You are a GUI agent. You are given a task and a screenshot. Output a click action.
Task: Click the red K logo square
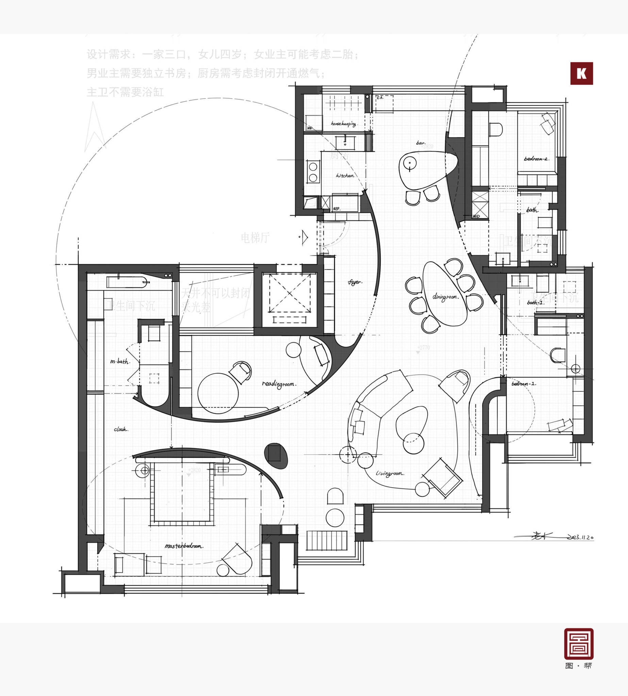click(x=581, y=73)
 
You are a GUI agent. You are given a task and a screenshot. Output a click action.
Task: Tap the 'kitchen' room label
click(x=345, y=176)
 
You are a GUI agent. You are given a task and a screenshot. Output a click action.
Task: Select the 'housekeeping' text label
click(x=343, y=123)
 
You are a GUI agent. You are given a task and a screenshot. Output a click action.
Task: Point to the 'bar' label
click(x=420, y=143)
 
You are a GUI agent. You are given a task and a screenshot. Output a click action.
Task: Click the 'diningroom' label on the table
click(x=445, y=297)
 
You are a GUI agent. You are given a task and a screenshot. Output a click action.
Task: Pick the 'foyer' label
click(x=355, y=282)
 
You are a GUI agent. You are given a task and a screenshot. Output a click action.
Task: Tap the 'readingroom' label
click(x=279, y=384)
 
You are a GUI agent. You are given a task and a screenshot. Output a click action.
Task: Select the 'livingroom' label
click(x=390, y=474)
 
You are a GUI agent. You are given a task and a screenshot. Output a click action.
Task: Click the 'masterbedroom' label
click(x=184, y=546)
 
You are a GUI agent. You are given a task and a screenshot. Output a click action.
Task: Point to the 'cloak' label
click(x=121, y=430)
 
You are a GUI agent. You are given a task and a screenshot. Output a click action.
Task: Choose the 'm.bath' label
click(x=120, y=362)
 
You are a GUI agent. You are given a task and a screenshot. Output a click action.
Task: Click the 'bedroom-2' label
click(x=536, y=159)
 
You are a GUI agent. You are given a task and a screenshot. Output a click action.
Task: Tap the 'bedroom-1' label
click(x=524, y=384)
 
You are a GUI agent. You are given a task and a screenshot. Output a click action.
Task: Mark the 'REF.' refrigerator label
click(x=336, y=209)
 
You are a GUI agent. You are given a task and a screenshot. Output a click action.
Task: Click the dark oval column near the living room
click(x=276, y=456)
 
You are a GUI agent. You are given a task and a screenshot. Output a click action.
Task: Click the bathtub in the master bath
click(x=127, y=282)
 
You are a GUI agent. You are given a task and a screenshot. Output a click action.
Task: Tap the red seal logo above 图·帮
click(x=579, y=644)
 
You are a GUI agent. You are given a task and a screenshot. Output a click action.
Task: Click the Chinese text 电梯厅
click(x=255, y=238)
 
